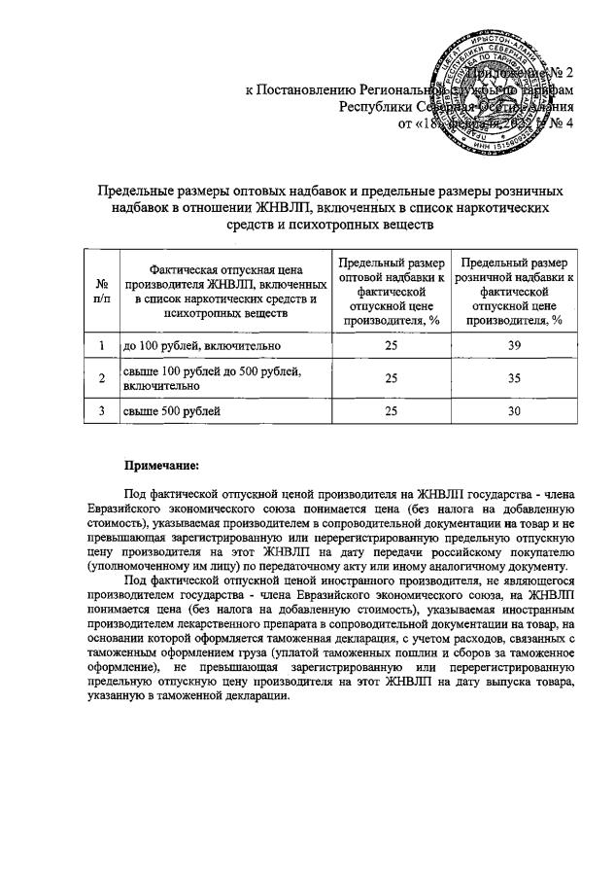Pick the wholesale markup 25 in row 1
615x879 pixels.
(392, 345)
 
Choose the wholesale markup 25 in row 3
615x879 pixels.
(392, 412)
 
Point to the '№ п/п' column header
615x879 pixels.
(101, 291)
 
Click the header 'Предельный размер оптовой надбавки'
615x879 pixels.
(392, 291)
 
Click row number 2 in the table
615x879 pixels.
(101, 379)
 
